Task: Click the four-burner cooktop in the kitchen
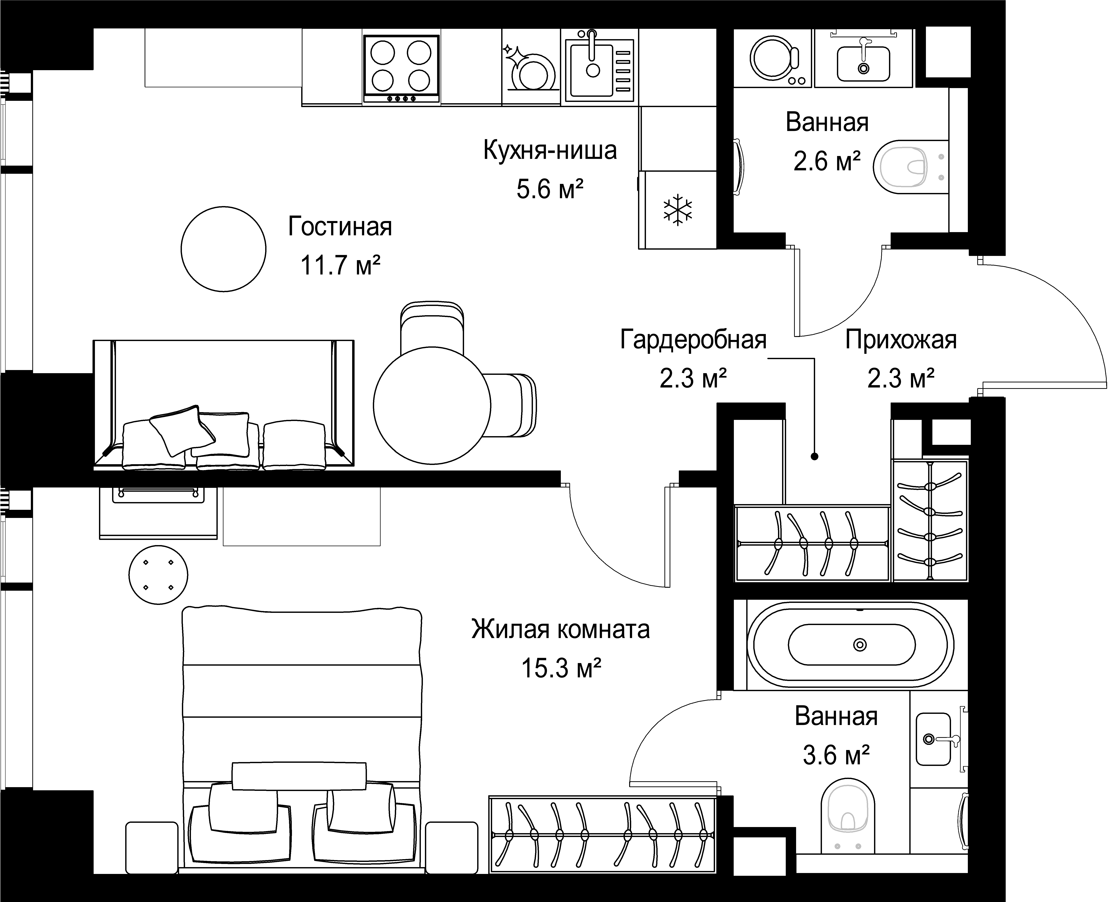401,68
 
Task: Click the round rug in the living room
223,249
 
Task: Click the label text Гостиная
340,227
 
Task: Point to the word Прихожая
901,340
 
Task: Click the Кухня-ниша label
550,150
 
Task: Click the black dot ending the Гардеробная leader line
814,457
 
